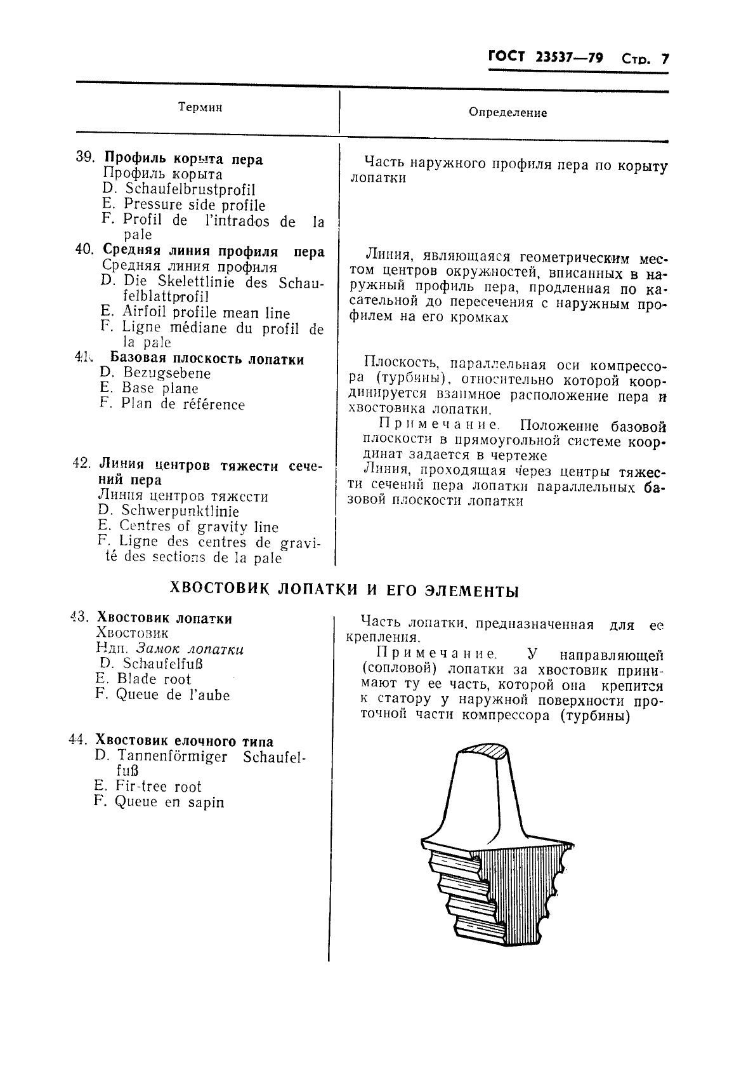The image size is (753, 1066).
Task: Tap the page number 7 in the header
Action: pyautogui.click(x=665, y=59)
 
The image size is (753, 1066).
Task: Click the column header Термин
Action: pyautogui.click(x=200, y=108)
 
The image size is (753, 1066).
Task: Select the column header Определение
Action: pyautogui.click(x=507, y=113)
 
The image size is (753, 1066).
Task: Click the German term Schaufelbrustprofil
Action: pyautogui.click(x=190, y=189)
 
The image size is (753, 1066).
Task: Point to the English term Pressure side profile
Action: pyautogui.click(x=194, y=204)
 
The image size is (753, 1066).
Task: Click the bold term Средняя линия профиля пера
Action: pyautogui.click(x=213, y=251)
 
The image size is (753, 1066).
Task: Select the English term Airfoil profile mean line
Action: pyautogui.click(x=206, y=312)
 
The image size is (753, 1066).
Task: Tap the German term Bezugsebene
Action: pyautogui.click(x=166, y=373)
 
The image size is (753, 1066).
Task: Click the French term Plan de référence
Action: pyautogui.click(x=183, y=404)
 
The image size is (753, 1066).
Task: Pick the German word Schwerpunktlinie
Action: pyautogui.click(x=180, y=511)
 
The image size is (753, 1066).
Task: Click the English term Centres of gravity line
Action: pyautogui.click(x=199, y=526)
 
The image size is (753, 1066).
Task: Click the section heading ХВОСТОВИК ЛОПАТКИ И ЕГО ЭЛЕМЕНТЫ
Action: pyautogui.click(x=345, y=590)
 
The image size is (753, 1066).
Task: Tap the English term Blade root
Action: pyautogui.click(x=154, y=679)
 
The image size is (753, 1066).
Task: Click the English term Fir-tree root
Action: pyautogui.click(x=158, y=787)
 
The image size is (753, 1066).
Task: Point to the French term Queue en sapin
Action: pyautogui.click(x=169, y=802)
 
